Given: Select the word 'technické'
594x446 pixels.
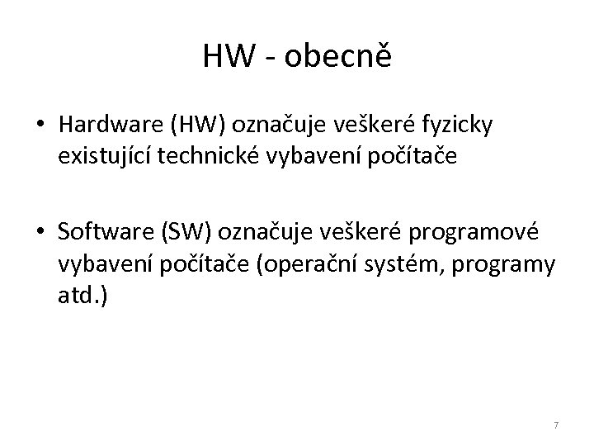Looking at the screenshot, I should pos(196,155).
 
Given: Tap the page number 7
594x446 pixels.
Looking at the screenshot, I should pos(556,425).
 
